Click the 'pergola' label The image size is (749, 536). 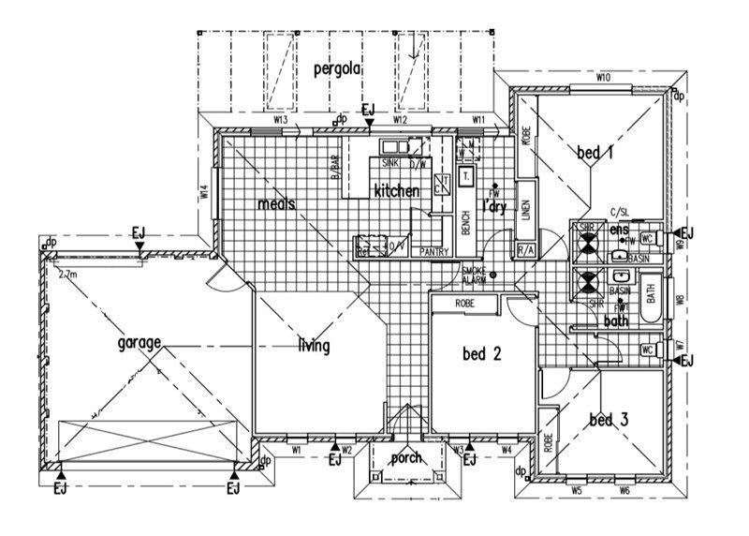point(338,69)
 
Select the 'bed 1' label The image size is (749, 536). point(594,153)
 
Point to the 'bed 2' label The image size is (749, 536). point(483,353)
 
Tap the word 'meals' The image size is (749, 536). point(277,203)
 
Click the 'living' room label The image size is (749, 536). point(314,346)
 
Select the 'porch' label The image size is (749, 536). point(406,458)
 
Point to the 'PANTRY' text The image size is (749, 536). point(435,251)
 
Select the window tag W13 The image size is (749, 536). point(280,121)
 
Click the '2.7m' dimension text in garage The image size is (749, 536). point(67,276)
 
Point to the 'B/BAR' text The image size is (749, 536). point(333,166)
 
